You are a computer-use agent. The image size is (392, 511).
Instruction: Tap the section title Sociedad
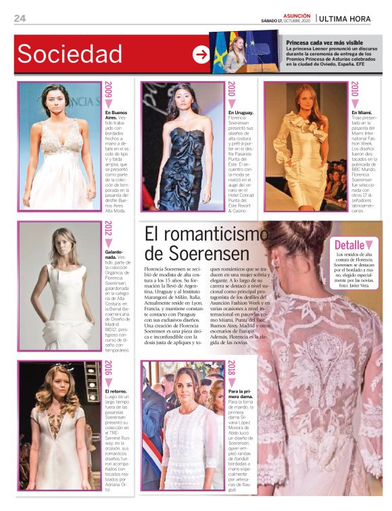[x=70, y=54]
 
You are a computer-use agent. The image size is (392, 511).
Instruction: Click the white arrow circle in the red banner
[x=201, y=55]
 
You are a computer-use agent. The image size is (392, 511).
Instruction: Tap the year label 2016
[x=108, y=369]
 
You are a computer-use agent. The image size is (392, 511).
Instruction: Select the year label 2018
[x=231, y=369]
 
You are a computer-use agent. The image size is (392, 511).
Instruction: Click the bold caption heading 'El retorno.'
[x=116, y=391]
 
